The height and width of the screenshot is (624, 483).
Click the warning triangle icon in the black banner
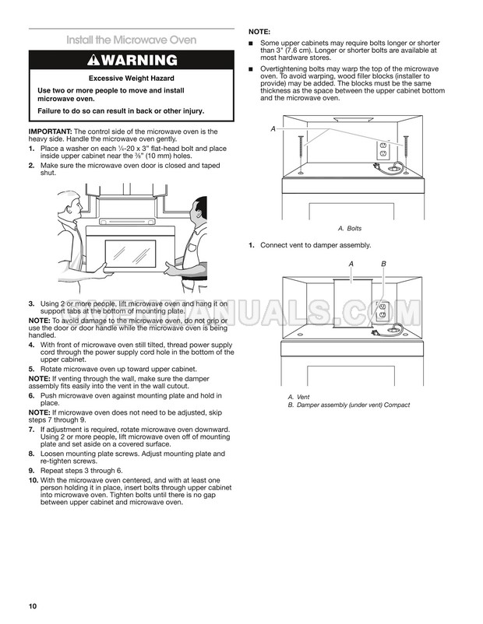coord(97,60)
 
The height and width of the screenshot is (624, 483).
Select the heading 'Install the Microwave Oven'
coord(131,40)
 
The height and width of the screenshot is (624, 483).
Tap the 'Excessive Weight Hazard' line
coord(131,79)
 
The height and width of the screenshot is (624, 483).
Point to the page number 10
coord(32,606)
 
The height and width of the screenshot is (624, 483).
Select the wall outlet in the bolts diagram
coord(383,149)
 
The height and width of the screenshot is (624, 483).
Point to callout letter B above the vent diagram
coord(383,265)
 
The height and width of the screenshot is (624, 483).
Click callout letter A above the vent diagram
coord(351,265)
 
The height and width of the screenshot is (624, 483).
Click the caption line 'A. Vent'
coord(298,397)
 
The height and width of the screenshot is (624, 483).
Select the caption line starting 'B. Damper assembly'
coord(348,405)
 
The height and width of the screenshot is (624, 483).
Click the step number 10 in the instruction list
coord(33,481)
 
